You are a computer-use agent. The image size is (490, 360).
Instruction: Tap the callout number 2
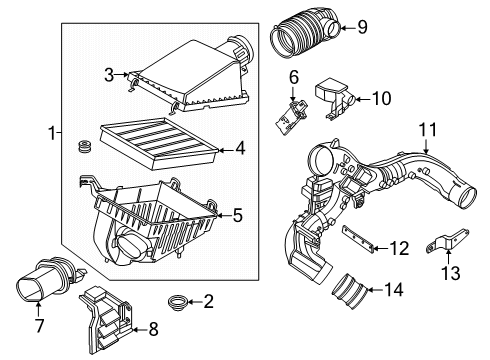pos(210,328)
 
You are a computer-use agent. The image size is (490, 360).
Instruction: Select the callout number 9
pos(362,27)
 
